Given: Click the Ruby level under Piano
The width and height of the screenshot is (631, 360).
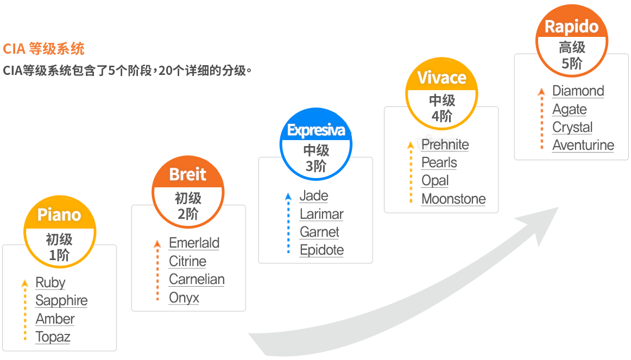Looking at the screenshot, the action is pos(51,282).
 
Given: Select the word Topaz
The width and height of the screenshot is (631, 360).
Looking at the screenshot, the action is pos(53,337).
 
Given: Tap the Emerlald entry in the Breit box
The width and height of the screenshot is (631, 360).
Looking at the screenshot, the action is pos(194,243).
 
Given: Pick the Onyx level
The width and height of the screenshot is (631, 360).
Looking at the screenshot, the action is pos(184,298).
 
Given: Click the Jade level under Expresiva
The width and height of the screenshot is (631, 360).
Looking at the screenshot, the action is pos(314,196).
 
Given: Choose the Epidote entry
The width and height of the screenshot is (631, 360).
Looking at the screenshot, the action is pos(321,250).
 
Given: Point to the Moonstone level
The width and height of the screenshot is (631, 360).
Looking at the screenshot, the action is pos(453,199).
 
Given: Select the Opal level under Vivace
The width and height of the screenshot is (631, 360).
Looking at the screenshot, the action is pos(435,181).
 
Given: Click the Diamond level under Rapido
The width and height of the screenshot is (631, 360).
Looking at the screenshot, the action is pos(578,91).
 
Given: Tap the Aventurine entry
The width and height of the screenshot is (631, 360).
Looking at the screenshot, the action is pos(583,145).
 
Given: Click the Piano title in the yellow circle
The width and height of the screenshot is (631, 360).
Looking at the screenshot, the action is pos(59,215).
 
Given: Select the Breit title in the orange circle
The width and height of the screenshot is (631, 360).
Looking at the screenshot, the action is pos(187,174).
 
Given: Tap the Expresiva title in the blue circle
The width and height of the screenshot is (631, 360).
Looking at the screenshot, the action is pos(316,130).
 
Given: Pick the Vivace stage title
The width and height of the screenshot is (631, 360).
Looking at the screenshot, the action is pos(442,78).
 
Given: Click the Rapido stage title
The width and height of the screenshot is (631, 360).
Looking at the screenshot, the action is pos(571,27).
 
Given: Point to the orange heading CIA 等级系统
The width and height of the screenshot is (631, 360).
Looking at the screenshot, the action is pos(43,49).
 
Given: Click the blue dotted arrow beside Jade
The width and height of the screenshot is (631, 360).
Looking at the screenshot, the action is pos(288,223).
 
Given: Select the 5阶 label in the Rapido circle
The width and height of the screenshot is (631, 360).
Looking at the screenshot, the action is pos(572,64).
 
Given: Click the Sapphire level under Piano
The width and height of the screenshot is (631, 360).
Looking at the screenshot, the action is pos(61,300).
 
